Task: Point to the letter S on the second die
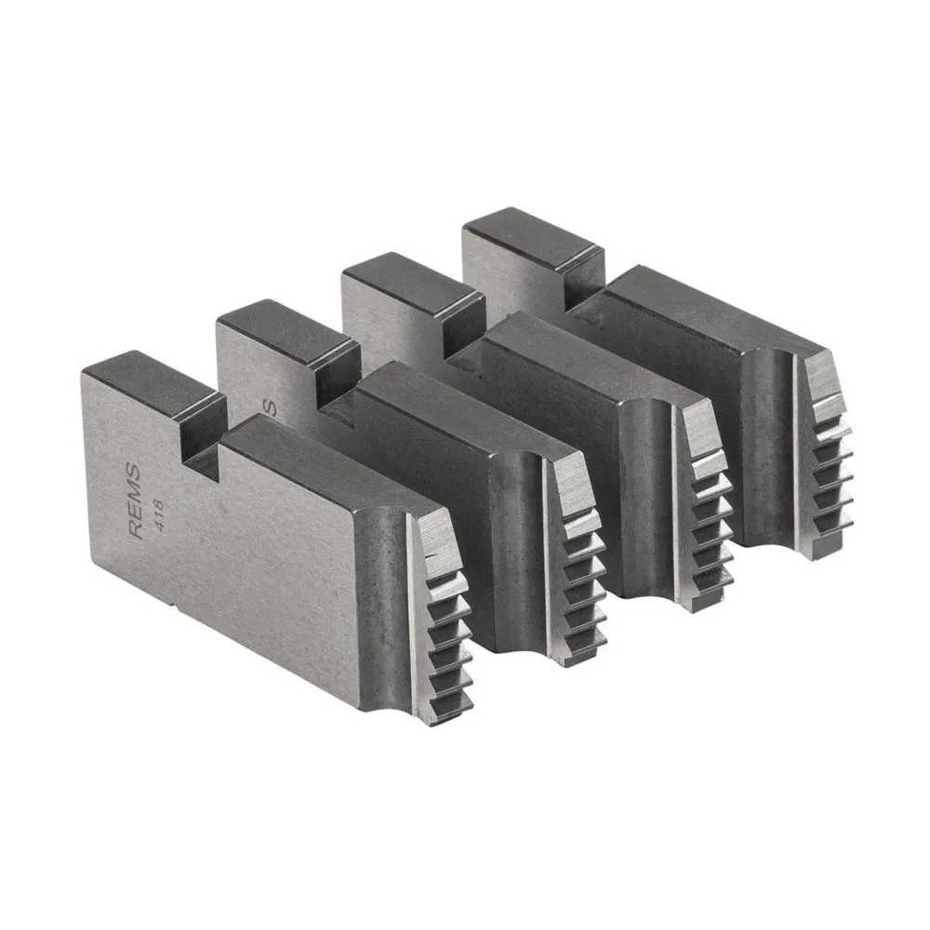272,406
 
